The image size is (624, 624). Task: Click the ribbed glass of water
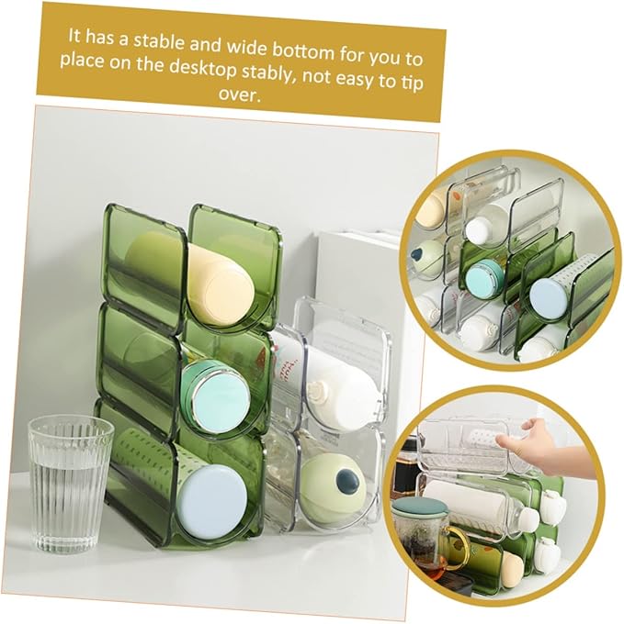(x=70, y=483)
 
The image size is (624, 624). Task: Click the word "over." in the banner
(x=240, y=95)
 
